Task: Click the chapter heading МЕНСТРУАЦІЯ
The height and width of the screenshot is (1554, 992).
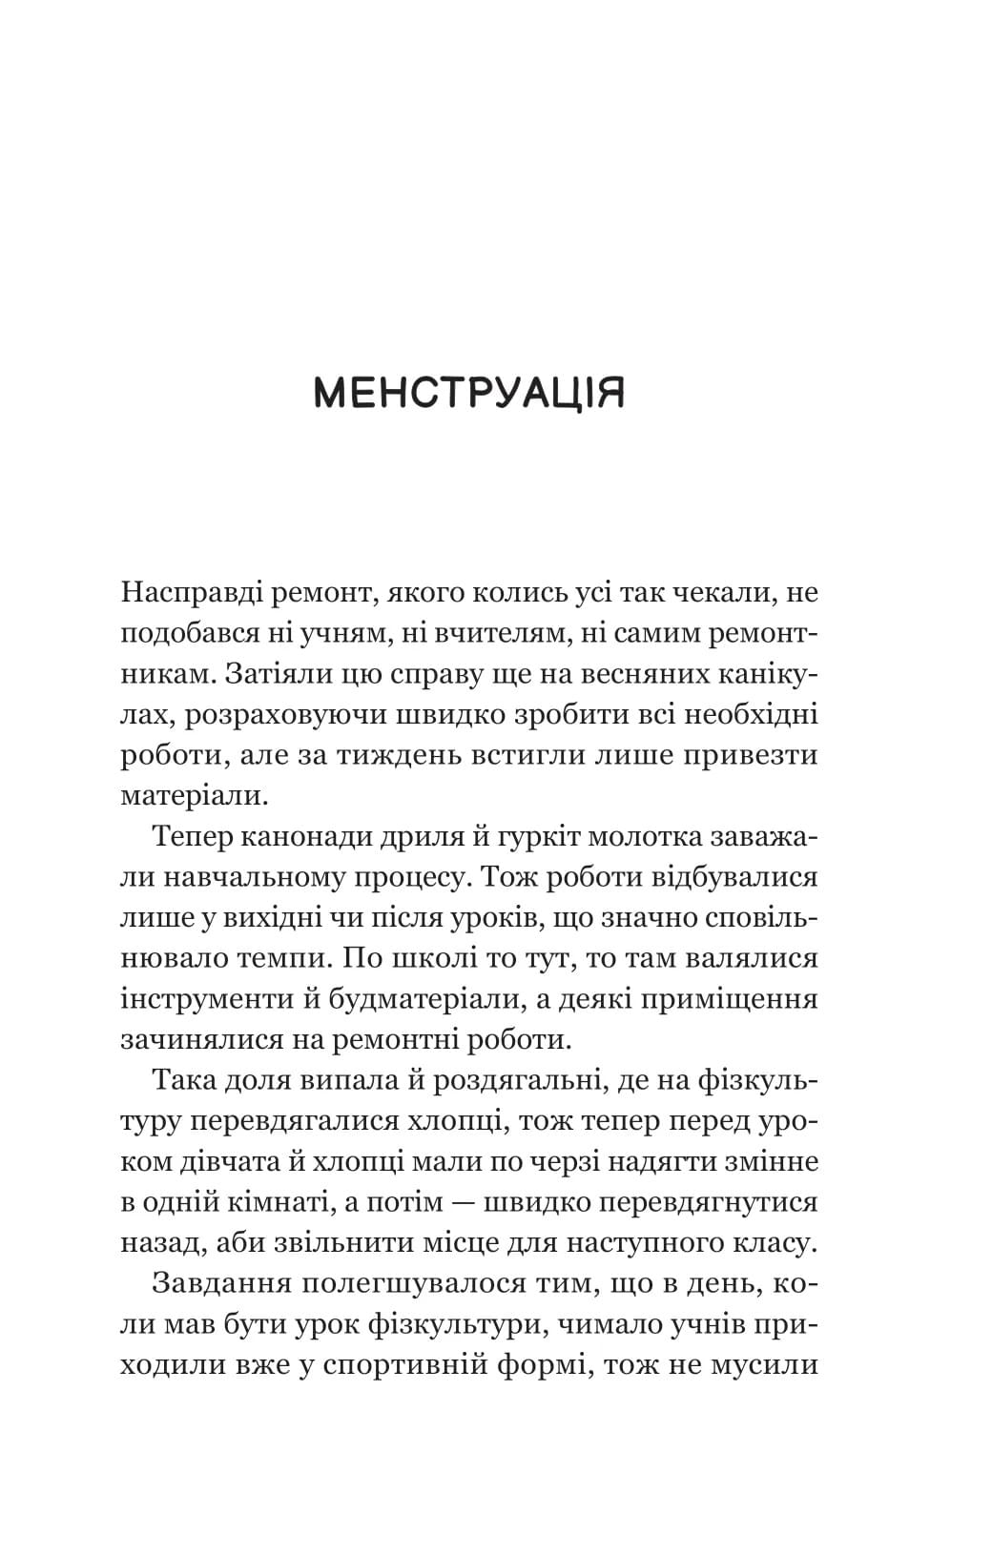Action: (x=469, y=393)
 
